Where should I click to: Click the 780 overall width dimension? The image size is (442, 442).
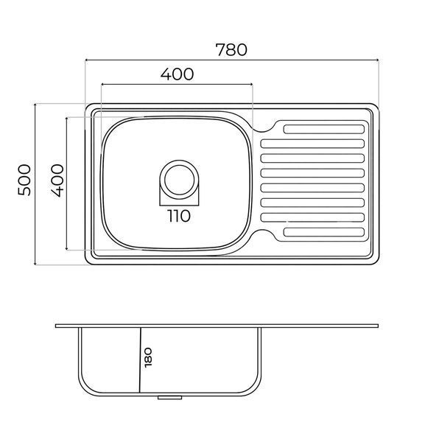[x=231, y=50]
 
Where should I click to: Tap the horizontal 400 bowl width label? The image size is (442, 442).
[x=177, y=74]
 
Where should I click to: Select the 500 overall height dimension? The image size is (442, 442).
[x=24, y=180]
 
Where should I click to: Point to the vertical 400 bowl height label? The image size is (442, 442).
[x=57, y=180]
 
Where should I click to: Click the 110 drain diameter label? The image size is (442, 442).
[x=179, y=216]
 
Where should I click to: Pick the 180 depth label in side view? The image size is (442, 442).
[x=148, y=357]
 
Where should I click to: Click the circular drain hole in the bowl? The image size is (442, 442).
[x=179, y=180]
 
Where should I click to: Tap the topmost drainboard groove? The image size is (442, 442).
[x=324, y=129]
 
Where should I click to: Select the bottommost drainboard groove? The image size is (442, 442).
[x=324, y=232]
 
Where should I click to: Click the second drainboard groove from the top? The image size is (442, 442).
[x=312, y=144]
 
